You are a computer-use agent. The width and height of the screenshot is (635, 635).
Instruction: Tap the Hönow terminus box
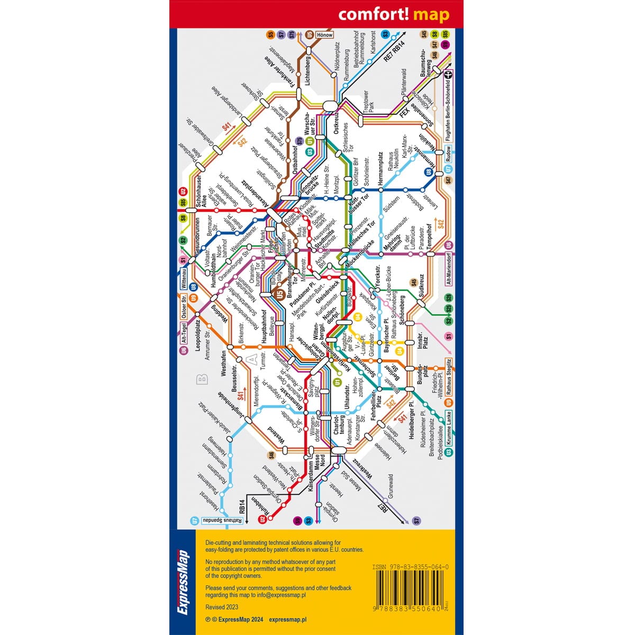tap(324, 35)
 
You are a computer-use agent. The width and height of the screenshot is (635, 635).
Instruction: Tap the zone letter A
tap(252, 360)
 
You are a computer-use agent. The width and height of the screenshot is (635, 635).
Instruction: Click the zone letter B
tap(201, 379)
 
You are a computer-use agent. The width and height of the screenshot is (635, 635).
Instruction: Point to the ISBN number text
tap(411, 567)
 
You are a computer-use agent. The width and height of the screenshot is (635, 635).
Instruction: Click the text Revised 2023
tap(222, 607)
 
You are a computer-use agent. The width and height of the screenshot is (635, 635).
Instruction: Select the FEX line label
tap(405, 113)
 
